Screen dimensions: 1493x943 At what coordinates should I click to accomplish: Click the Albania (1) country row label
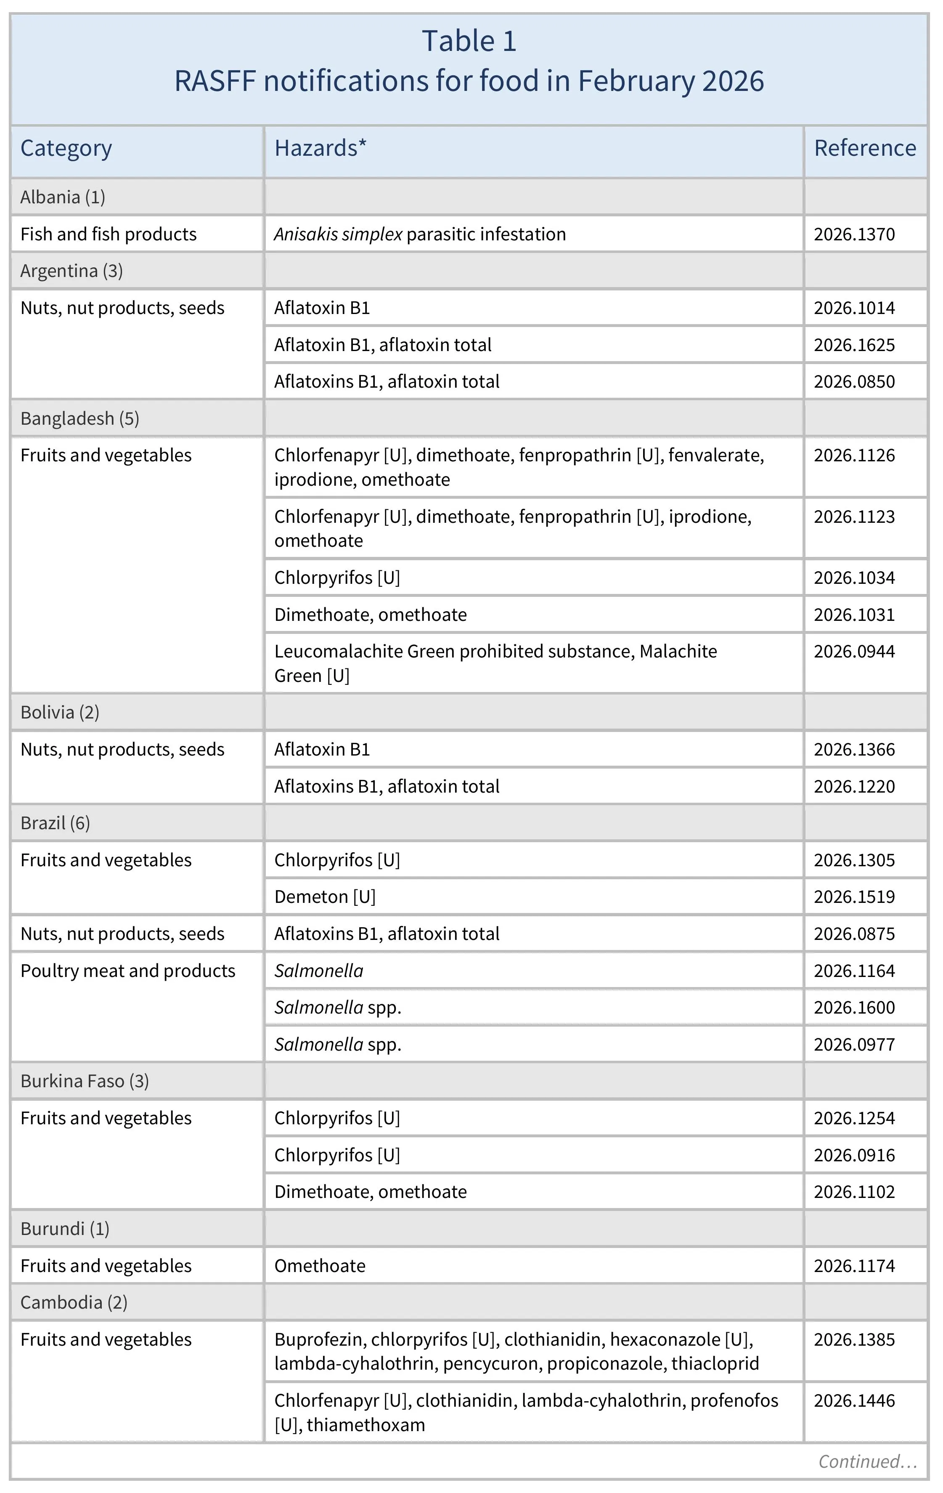pos(63,197)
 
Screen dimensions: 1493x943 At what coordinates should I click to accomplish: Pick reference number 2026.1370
pos(854,234)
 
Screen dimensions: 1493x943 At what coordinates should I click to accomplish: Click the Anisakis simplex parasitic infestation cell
pos(419,234)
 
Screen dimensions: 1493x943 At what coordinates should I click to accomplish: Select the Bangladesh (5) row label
pos(79,418)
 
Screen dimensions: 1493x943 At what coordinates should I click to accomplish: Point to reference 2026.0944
pos(854,652)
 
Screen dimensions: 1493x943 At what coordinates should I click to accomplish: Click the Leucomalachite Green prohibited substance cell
pos(495,663)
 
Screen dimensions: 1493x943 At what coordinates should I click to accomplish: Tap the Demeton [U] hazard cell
pos(325,897)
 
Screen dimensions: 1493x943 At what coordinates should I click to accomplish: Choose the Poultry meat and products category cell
pos(127,971)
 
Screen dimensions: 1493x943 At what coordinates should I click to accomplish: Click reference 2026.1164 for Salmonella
pos(854,971)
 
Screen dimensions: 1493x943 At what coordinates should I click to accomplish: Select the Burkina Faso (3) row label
pos(84,1081)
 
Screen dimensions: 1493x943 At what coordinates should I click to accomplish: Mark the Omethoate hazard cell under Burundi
pos(320,1266)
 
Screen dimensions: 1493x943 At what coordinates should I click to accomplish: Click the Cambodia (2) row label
pos(74,1303)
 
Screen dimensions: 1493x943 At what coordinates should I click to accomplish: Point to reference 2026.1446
pos(854,1401)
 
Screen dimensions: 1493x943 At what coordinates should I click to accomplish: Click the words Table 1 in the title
pos(469,42)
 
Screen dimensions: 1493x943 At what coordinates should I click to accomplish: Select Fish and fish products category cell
pos(109,234)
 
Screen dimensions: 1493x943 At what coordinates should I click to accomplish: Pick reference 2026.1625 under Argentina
pos(854,345)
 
